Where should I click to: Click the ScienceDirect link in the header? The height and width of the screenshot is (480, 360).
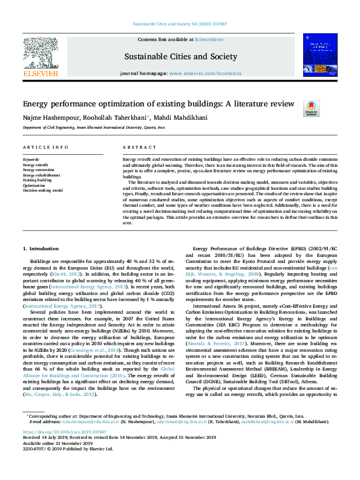(x=209, y=39)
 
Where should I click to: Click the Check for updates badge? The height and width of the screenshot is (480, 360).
(x=311, y=108)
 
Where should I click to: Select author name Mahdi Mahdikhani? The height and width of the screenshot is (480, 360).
(x=170, y=117)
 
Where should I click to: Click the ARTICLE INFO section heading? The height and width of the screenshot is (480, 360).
(x=45, y=148)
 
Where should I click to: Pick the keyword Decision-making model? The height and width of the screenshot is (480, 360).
(x=42, y=190)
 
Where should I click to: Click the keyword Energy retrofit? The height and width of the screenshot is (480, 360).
(x=36, y=164)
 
